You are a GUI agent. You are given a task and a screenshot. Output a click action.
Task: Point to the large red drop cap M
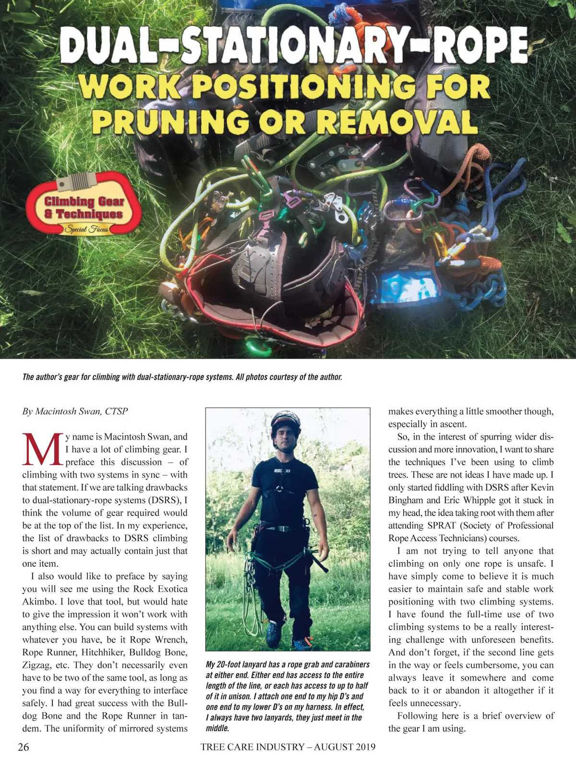point(42,449)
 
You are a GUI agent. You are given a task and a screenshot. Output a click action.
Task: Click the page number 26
point(23,747)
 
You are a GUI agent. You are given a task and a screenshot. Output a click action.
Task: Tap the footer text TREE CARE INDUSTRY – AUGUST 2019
point(288,747)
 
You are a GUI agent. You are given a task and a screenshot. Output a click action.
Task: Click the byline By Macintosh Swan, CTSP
point(75,411)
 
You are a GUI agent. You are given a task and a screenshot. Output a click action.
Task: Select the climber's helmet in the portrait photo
point(285,422)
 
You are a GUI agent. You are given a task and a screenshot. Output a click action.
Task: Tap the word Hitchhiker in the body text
point(103,653)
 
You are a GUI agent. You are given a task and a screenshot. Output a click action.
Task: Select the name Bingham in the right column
point(406,500)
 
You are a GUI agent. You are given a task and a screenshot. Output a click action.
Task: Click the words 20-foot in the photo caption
point(236,665)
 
